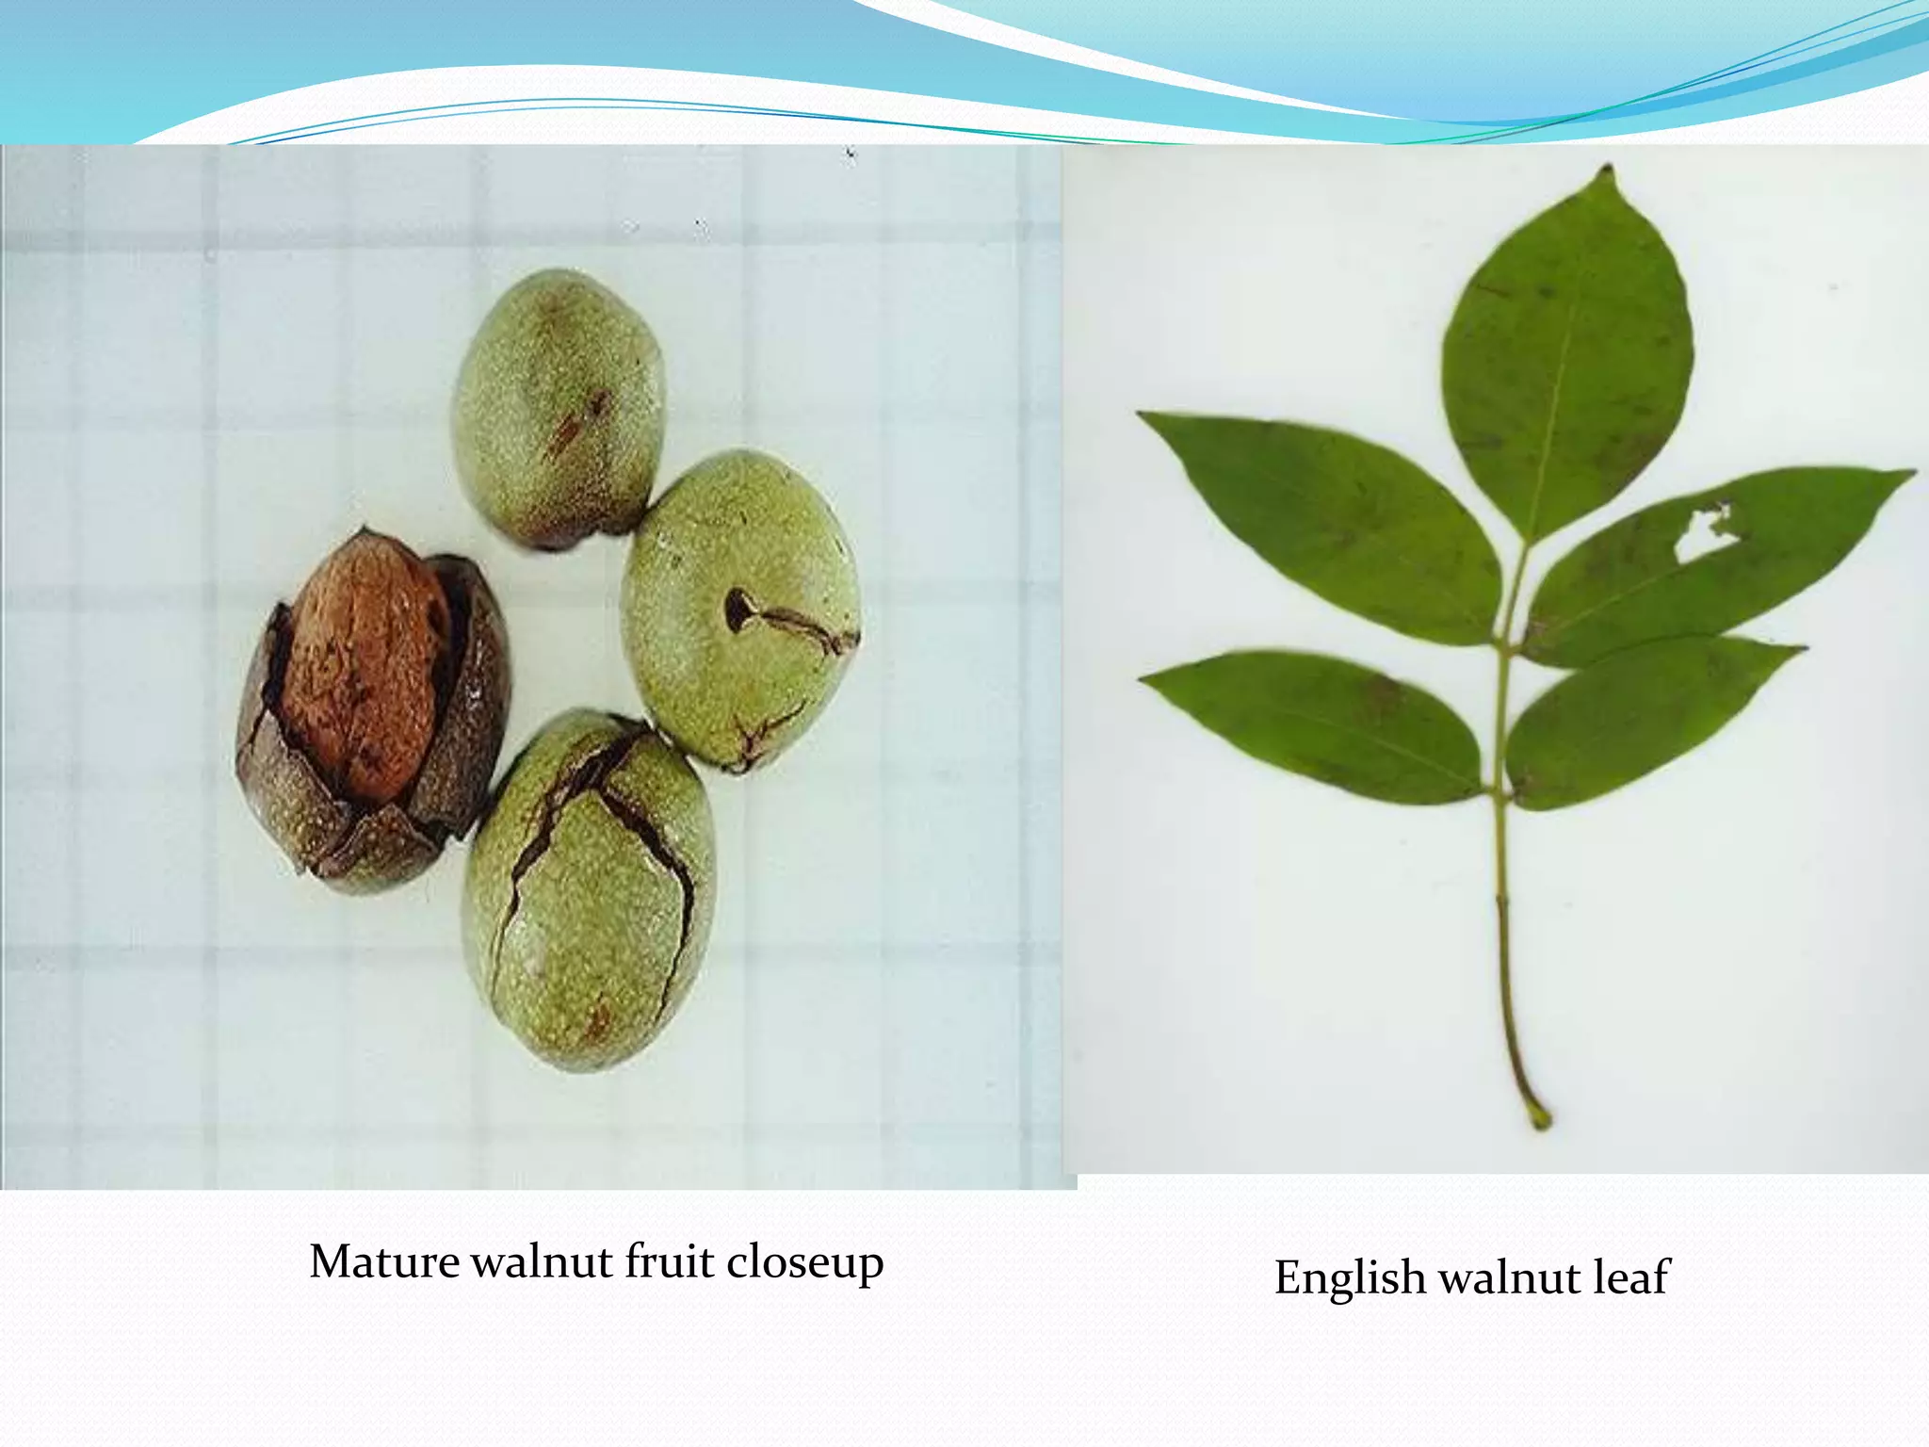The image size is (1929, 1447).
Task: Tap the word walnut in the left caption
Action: tap(541, 1261)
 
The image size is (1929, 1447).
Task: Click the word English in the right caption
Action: tap(1349, 1278)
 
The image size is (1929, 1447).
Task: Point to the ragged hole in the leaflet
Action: tap(1707, 532)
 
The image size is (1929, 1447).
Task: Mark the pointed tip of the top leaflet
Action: tap(1607, 171)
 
